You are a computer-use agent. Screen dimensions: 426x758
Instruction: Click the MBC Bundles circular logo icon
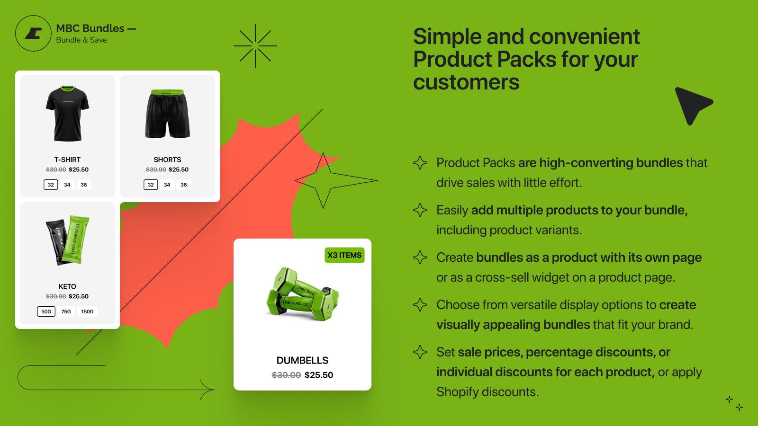pos(33,34)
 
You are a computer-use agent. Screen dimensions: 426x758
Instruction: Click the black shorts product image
pos(167,114)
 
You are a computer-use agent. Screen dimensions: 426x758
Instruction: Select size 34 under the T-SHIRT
pos(67,185)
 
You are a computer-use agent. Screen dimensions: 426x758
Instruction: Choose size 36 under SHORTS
pos(184,185)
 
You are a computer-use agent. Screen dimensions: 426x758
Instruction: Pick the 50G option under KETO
pos(46,311)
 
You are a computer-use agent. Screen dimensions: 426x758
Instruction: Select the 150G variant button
pos(87,311)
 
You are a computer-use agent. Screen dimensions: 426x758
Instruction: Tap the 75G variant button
pos(66,311)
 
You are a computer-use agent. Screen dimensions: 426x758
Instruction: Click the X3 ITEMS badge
pos(344,255)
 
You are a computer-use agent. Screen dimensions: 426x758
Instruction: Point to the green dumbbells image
pos(302,295)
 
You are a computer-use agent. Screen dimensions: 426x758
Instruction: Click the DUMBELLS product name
pos(302,360)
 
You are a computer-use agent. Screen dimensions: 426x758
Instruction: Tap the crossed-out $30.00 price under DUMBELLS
pos(286,375)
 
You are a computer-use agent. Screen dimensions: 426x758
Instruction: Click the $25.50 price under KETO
pos(79,296)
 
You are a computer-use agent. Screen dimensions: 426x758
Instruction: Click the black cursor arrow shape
pos(691,104)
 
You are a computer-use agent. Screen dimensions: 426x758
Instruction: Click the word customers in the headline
pos(466,82)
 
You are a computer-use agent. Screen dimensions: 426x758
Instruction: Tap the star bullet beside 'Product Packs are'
pos(420,163)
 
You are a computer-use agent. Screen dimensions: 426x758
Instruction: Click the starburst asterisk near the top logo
pos(255,46)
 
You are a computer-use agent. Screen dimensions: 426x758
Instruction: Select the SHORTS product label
pos(167,160)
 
